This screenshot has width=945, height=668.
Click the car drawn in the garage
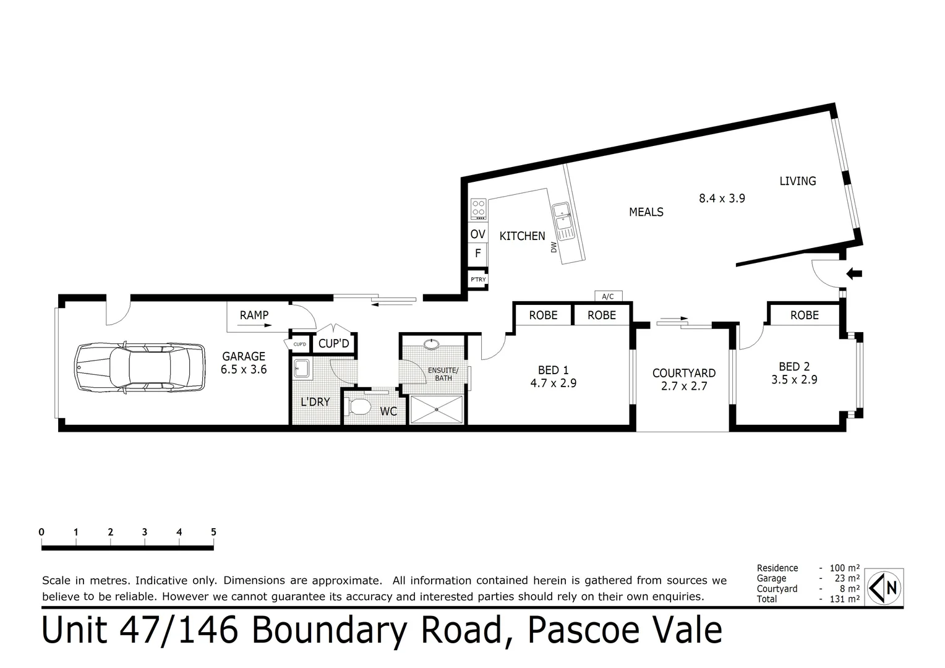click(x=140, y=367)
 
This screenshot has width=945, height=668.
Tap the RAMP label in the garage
click(x=254, y=315)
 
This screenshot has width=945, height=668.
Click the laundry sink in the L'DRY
click(x=302, y=368)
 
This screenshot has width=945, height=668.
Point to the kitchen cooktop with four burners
click(x=478, y=208)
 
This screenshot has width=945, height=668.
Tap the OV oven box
click(x=477, y=234)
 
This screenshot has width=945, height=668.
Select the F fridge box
click(x=477, y=254)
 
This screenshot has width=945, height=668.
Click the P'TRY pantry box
click(x=478, y=280)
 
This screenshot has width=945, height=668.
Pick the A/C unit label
click(x=608, y=296)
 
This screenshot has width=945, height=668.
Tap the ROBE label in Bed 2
click(x=804, y=315)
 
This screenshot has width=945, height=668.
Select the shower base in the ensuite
click(x=437, y=409)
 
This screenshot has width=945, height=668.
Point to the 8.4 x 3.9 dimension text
click(x=722, y=199)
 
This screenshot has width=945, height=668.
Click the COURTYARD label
click(x=683, y=373)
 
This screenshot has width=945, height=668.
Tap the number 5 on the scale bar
click(x=213, y=532)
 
